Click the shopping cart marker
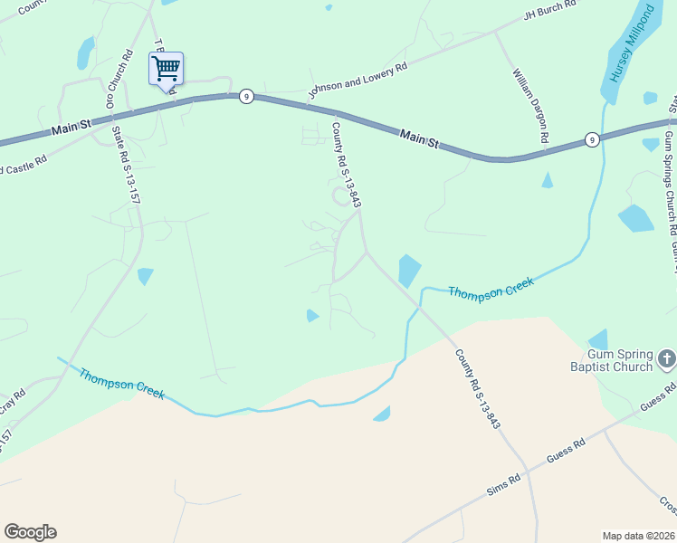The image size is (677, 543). tap(166, 69)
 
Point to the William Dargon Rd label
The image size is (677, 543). tap(531, 107)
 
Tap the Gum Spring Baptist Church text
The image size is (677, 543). tap(619, 360)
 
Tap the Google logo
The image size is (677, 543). tap(30, 532)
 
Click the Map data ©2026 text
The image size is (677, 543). tap(638, 536)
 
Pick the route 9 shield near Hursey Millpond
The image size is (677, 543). tap(591, 139)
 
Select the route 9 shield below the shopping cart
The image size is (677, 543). tap(245, 96)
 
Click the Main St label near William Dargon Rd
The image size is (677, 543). tap(419, 138)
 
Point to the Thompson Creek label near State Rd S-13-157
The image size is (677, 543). tap(120, 383)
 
